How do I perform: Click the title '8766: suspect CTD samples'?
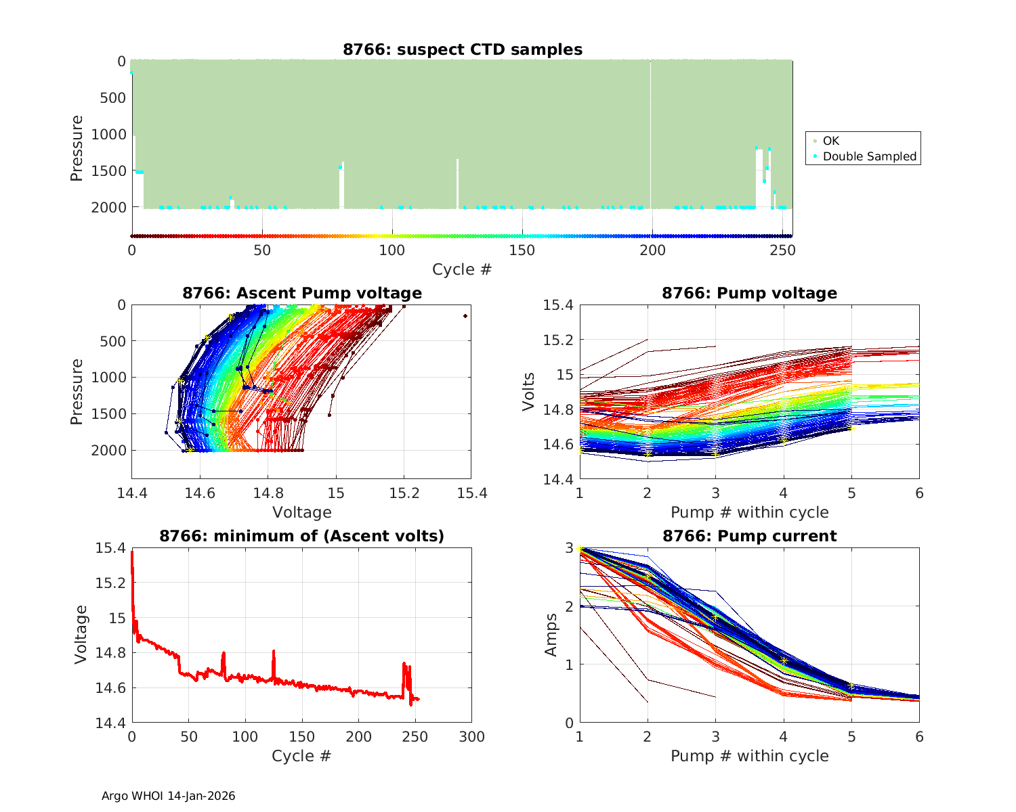[x=463, y=49]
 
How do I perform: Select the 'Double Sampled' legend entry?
[x=869, y=156]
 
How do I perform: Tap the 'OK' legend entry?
[x=830, y=141]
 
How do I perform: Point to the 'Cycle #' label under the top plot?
[x=462, y=269]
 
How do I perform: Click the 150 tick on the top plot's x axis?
[x=522, y=250]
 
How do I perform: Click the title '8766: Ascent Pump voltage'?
[x=302, y=293]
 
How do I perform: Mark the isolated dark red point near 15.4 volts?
[x=465, y=316]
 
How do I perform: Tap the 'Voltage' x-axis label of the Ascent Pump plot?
[x=302, y=512]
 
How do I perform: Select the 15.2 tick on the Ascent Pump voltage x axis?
[x=404, y=493]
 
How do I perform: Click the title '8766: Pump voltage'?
[x=749, y=293]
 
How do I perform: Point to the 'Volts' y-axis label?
[x=529, y=392]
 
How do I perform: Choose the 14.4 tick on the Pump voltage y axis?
[x=559, y=480]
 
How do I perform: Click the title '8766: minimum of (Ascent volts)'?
[x=302, y=536]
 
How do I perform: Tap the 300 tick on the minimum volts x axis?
[x=471, y=737]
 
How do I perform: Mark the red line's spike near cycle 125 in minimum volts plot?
[x=274, y=652]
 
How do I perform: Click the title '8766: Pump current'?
[x=749, y=536]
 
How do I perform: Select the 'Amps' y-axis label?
[x=551, y=635]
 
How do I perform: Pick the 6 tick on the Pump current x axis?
[x=919, y=737]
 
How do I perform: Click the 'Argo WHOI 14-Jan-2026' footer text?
[x=168, y=796]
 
